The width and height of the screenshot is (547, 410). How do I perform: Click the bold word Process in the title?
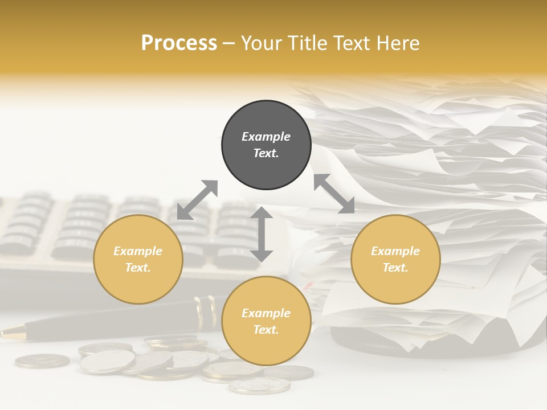179,43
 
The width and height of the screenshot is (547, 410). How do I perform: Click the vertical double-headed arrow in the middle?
262,234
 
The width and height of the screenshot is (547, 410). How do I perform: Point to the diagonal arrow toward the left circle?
197,200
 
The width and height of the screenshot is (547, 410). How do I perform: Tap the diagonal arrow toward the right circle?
334,194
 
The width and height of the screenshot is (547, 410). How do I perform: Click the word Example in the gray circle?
266,137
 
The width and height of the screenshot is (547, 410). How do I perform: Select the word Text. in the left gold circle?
138,268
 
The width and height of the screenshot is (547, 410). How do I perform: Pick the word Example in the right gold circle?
395,251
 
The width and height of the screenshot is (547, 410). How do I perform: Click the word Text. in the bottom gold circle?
266,330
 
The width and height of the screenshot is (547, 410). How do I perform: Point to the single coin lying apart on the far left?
42,360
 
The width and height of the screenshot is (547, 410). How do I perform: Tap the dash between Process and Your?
228,43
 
